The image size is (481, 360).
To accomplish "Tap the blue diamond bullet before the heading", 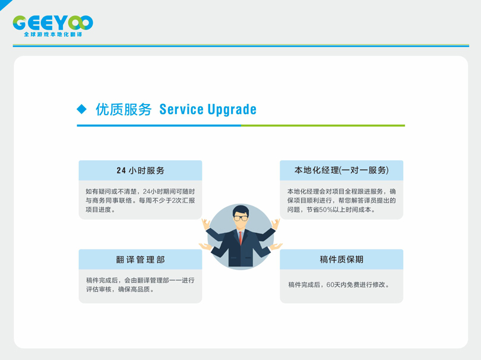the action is pos(81,109).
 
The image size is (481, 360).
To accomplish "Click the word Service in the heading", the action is pos(181,109).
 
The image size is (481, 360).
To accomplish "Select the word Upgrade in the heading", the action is pos(232,110).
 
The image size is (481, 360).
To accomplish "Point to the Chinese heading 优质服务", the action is pos(124,109).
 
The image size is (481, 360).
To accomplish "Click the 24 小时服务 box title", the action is pos(141,170).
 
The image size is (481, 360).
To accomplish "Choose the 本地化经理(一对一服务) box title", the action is pos(341,170).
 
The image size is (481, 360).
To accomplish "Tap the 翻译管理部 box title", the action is pos(141,260).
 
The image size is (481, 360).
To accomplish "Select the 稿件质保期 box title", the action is pos(341,260).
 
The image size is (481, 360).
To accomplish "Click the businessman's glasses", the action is pos(241,218).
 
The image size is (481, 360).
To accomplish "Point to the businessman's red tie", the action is pos(241,238).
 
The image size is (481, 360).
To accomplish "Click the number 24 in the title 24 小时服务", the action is pos(121,170).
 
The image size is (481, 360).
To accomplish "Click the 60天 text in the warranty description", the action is pos(333,285).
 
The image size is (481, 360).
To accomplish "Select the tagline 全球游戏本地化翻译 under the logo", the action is pos(53,34).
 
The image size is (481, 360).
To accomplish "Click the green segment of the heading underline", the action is pos(323,125).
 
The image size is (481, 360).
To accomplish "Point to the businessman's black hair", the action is pos(241,210).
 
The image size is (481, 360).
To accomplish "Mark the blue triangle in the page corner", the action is pos(4,4).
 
